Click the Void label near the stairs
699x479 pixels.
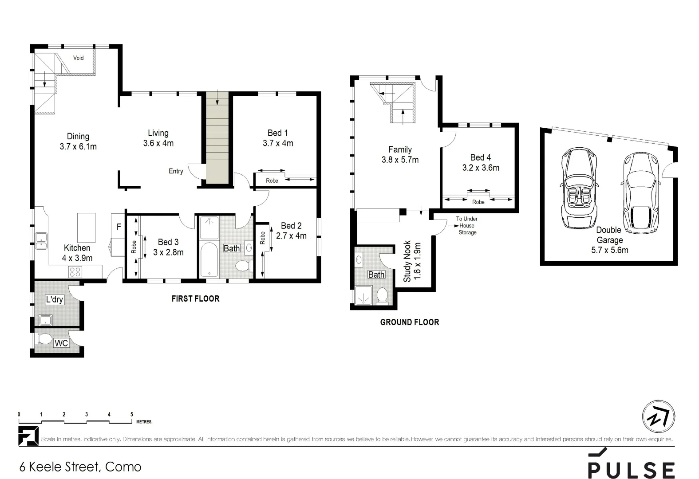pyautogui.click(x=78, y=58)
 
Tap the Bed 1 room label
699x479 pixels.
pyautogui.click(x=278, y=133)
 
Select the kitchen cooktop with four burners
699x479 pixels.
pyautogui.click(x=75, y=271)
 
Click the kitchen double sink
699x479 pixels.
pyautogui.click(x=41, y=241)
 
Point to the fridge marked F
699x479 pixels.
pyautogui.click(x=118, y=227)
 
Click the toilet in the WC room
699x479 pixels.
pyautogui.click(x=45, y=339)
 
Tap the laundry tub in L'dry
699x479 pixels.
pyautogui.click(x=46, y=320)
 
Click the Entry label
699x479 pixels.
pyautogui.click(x=176, y=171)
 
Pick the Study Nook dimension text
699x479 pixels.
pyautogui.click(x=417, y=262)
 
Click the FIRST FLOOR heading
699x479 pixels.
pyautogui.click(x=195, y=299)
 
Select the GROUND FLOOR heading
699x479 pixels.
pyautogui.click(x=409, y=322)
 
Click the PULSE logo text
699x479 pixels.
pyautogui.click(x=631, y=470)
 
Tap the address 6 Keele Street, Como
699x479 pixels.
pyautogui.click(x=80, y=467)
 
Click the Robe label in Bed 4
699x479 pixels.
pyautogui.click(x=478, y=202)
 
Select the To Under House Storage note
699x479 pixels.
pyautogui.click(x=467, y=226)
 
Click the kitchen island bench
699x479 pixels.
pyautogui.click(x=87, y=227)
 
